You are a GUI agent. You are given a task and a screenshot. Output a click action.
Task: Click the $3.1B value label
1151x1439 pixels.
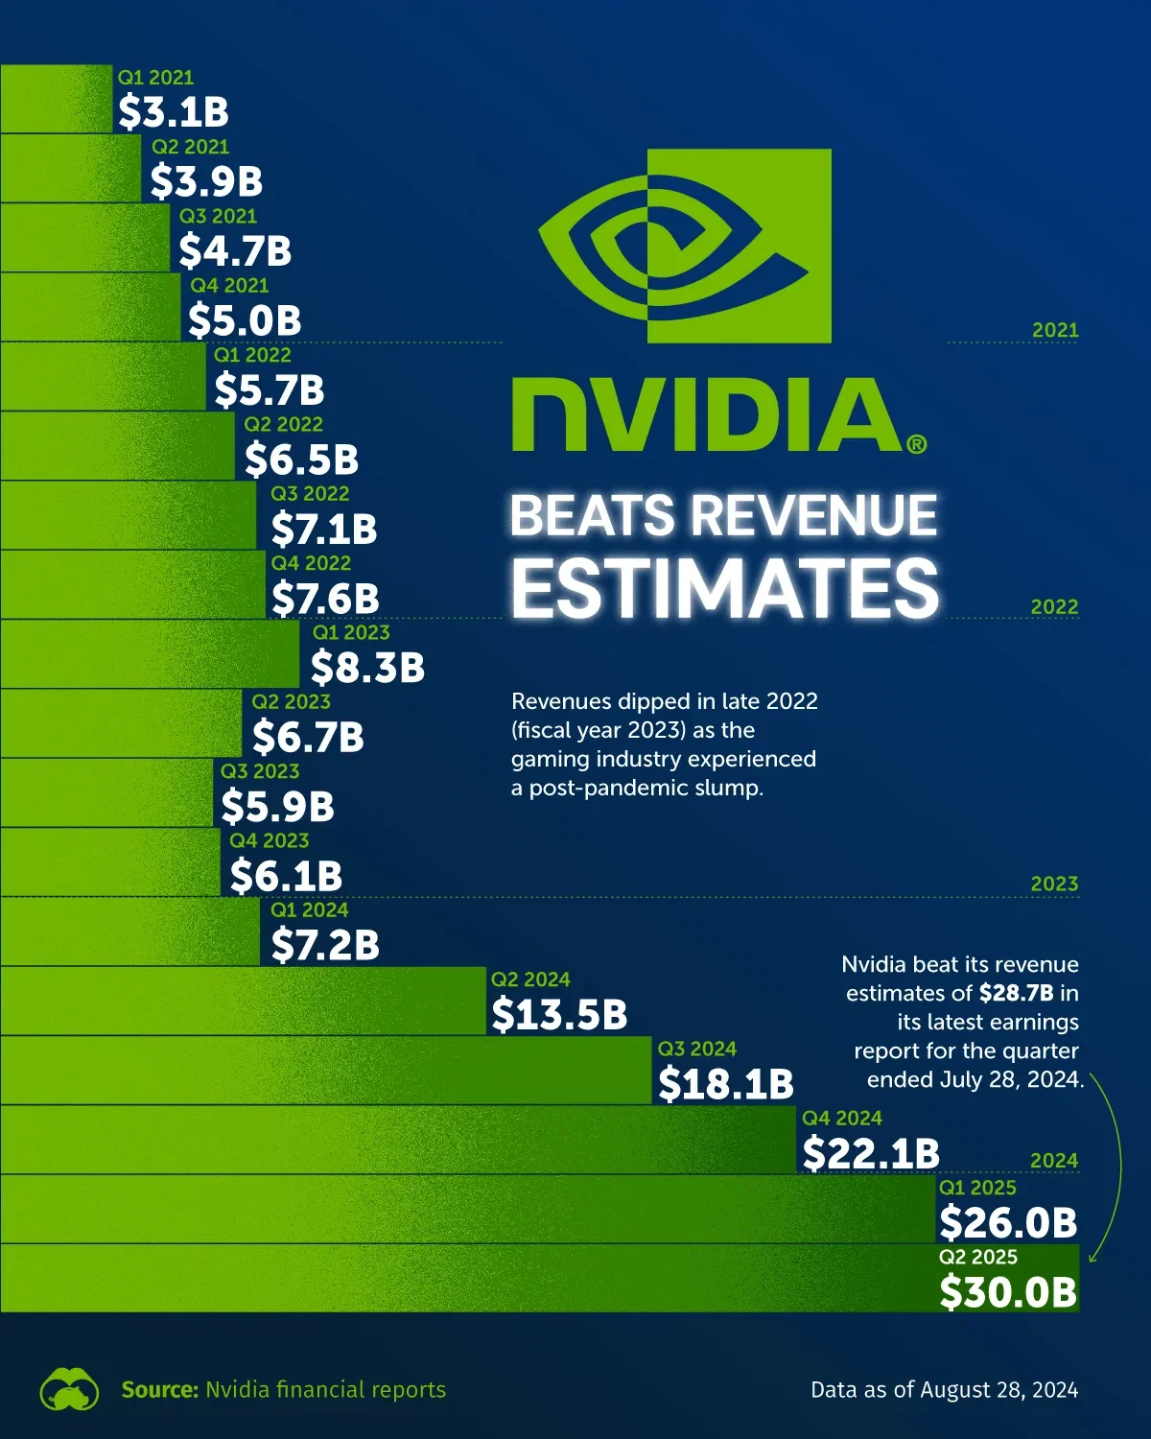pyautogui.click(x=174, y=112)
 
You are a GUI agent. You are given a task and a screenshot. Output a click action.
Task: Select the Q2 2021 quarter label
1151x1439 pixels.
pyautogui.click(x=190, y=147)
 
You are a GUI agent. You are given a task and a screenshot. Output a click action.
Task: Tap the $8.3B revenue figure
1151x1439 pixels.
pyautogui.click(x=367, y=668)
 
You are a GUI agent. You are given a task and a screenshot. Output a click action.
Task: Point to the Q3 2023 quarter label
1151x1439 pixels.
pyautogui.click(x=260, y=771)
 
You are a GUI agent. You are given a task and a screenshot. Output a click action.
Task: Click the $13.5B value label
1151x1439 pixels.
pyautogui.click(x=559, y=1015)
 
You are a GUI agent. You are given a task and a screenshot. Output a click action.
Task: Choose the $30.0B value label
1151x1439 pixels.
pyautogui.click(x=1008, y=1292)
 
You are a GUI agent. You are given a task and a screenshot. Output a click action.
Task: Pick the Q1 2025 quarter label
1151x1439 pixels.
pyautogui.click(x=977, y=1188)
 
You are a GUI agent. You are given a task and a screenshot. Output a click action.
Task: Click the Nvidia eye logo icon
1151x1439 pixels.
pyautogui.click(x=685, y=247)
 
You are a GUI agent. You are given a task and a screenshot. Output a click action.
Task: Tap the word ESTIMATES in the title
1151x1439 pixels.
pyautogui.click(x=724, y=587)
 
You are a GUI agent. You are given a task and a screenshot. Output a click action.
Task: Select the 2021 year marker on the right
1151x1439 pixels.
pyautogui.click(x=1055, y=330)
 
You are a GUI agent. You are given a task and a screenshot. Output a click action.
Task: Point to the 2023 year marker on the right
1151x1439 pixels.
pyautogui.click(x=1054, y=884)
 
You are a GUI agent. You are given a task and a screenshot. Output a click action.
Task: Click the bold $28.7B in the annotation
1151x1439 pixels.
pyautogui.click(x=1016, y=993)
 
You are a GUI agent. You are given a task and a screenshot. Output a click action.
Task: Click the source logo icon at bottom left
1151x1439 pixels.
pyautogui.click(x=69, y=1389)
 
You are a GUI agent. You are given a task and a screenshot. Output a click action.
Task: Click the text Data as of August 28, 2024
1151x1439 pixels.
pyautogui.click(x=944, y=1389)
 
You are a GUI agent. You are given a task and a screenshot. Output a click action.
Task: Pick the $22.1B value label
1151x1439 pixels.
pyautogui.click(x=871, y=1153)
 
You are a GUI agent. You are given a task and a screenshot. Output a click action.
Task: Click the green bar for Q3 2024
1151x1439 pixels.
pyautogui.click(x=326, y=1070)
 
